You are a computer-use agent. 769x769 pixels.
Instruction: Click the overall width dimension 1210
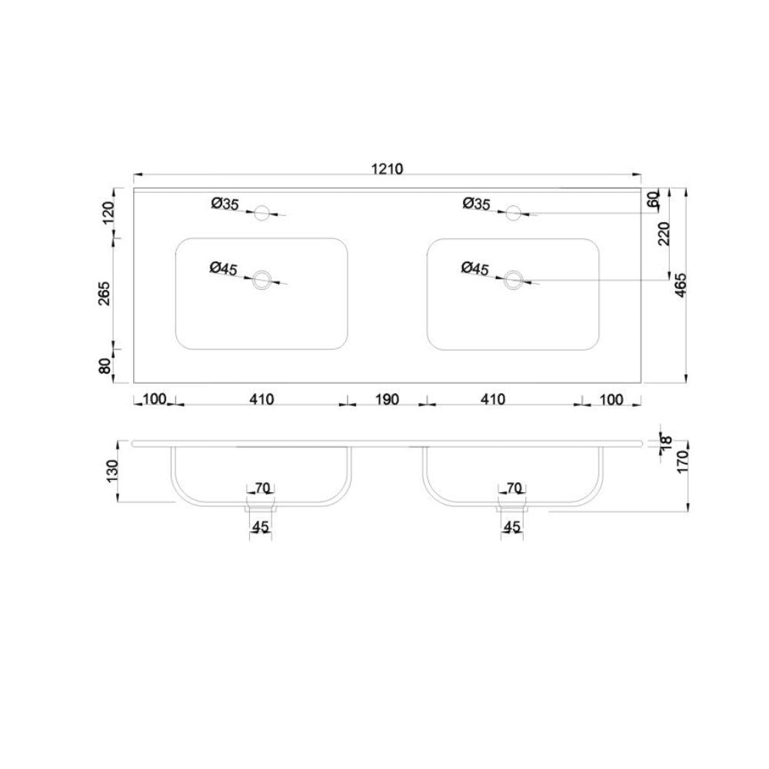(x=387, y=168)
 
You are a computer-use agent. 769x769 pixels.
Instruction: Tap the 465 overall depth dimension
(x=680, y=285)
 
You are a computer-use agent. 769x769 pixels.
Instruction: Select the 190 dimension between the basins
(x=387, y=399)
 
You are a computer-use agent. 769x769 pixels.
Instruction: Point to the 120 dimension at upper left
(x=108, y=212)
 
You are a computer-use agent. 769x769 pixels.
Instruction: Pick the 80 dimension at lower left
(x=106, y=365)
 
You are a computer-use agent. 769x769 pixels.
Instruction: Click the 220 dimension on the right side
(x=664, y=233)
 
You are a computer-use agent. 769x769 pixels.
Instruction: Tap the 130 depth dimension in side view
(x=112, y=470)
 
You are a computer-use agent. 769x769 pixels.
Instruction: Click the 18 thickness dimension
(x=666, y=441)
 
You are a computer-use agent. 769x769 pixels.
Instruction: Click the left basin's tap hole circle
(x=262, y=212)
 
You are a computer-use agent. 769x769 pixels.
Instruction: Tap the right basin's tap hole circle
(x=513, y=212)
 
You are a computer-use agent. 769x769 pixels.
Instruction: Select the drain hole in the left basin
(x=262, y=280)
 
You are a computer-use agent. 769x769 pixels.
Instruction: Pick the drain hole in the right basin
(x=513, y=280)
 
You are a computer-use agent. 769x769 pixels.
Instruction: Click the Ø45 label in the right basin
(x=475, y=268)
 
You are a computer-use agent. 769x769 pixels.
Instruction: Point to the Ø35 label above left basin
(x=225, y=203)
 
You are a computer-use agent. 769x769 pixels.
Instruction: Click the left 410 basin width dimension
(x=261, y=399)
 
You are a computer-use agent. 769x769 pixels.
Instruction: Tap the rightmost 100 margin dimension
(x=611, y=399)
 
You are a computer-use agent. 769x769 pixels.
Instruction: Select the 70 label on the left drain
(x=261, y=488)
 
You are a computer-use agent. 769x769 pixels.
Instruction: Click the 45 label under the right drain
(x=512, y=527)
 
